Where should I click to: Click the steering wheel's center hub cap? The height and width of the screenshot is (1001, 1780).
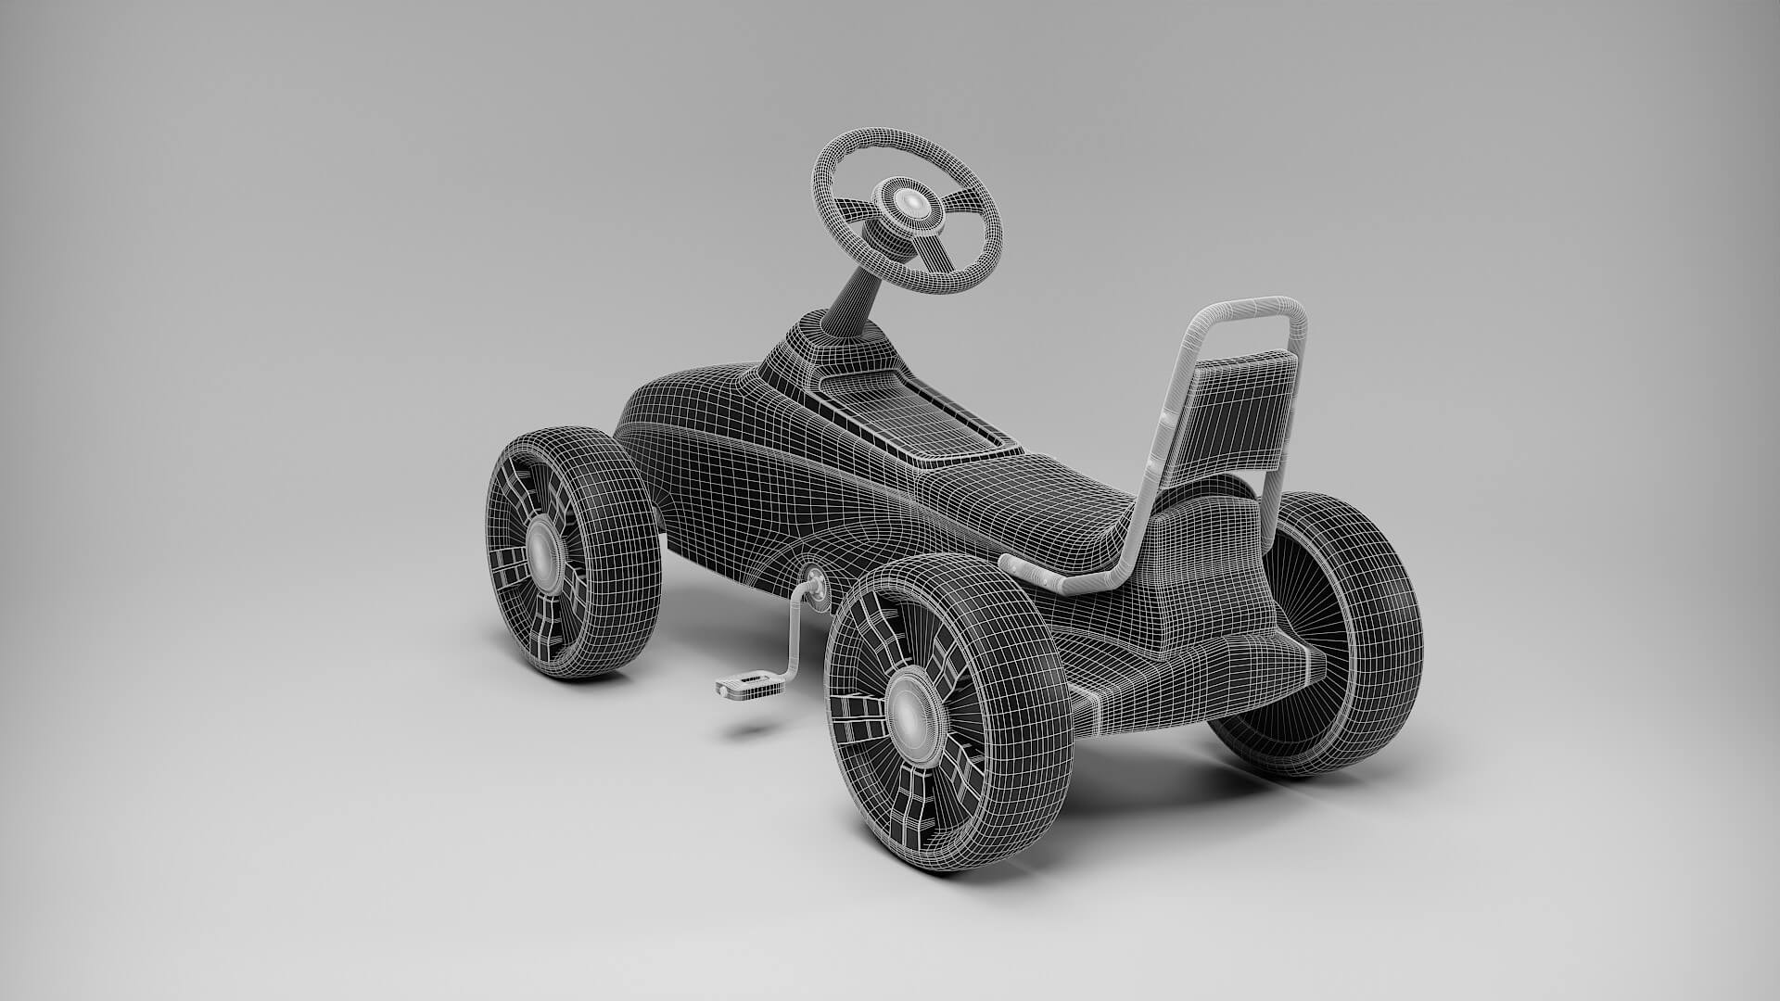click(912, 203)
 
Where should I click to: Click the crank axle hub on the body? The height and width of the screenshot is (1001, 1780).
click(817, 583)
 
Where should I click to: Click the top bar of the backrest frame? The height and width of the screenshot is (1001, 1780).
click(1252, 307)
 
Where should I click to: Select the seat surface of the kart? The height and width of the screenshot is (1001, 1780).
click(1048, 500)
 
